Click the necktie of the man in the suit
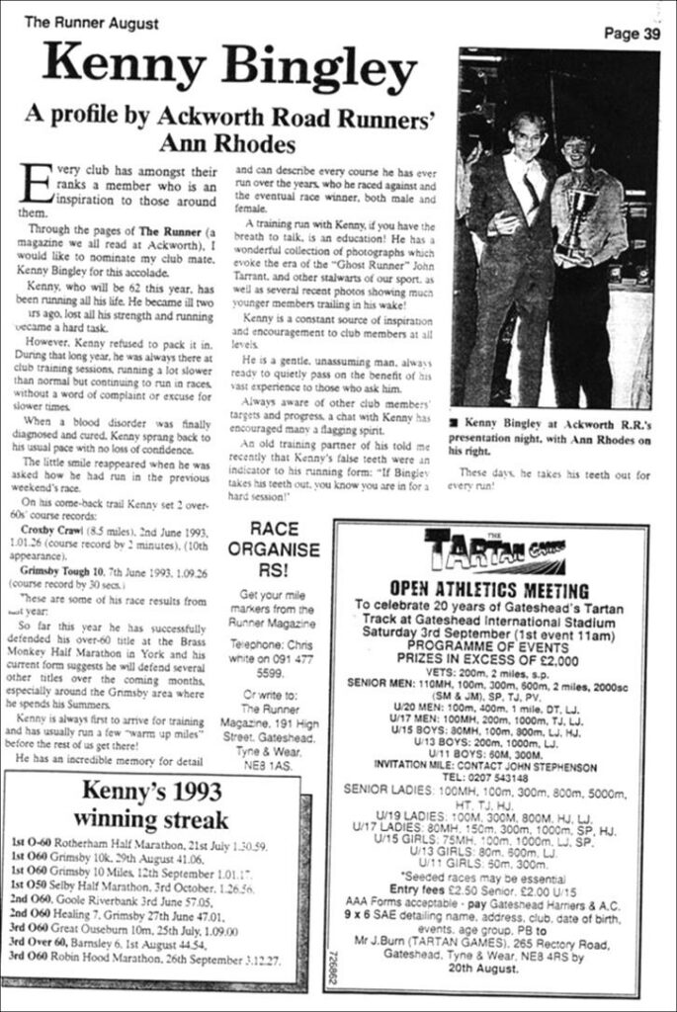point(531,187)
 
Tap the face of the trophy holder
point(576,152)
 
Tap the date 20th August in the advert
point(484,969)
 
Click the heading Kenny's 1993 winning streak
point(151,804)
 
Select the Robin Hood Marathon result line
point(144,960)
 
